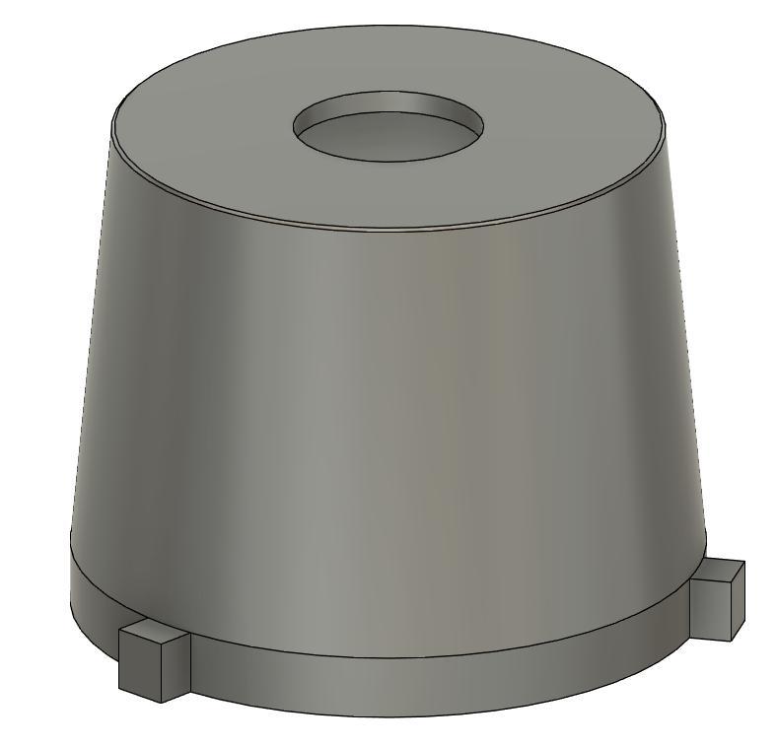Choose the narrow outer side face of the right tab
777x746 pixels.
pyautogui.click(x=736, y=601)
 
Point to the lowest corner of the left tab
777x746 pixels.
pyautogui.click(x=160, y=703)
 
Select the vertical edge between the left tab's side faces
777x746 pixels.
pyautogui.click(x=161, y=675)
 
